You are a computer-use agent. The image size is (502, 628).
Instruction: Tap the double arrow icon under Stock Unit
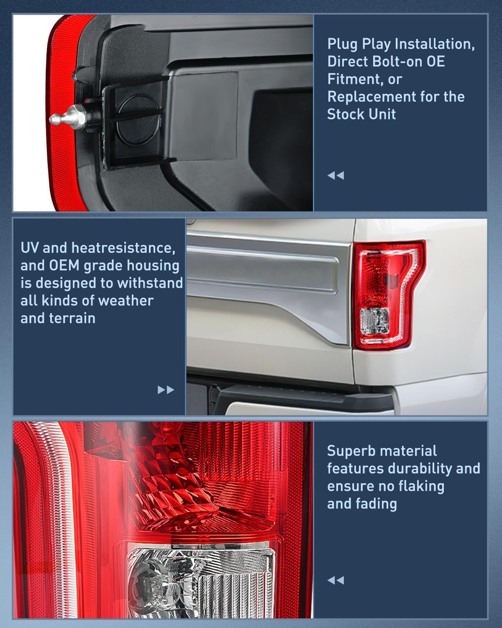[x=336, y=175]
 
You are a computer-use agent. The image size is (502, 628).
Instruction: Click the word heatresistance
[x=123, y=248]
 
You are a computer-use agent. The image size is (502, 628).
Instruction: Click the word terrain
[x=74, y=318]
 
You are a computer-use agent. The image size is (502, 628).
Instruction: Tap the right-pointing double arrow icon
[x=166, y=390]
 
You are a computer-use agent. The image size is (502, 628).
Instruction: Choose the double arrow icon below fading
[x=336, y=580]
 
